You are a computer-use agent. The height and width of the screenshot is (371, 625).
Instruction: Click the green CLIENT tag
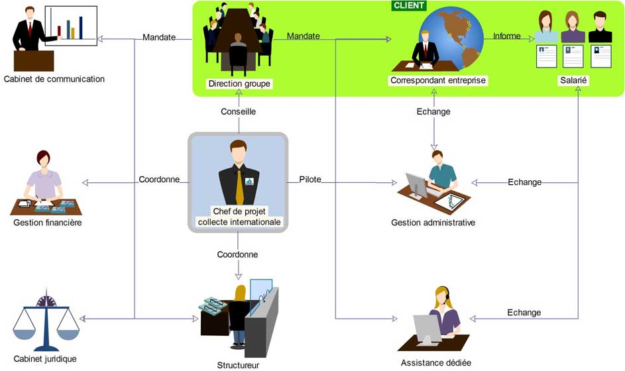(x=409, y=5)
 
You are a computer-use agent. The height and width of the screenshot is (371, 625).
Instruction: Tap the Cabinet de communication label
(x=54, y=79)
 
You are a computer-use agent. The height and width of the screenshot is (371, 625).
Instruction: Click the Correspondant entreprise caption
(x=438, y=80)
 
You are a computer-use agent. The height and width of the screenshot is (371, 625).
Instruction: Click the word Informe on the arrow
(x=507, y=36)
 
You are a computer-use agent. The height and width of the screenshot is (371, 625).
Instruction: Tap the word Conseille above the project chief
(x=238, y=112)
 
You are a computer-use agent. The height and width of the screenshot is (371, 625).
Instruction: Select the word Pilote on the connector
(x=310, y=180)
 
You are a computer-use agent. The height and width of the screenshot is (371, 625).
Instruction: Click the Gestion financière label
(x=48, y=223)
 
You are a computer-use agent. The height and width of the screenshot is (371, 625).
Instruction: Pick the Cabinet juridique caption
(x=45, y=359)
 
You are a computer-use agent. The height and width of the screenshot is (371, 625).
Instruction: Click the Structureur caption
(x=238, y=364)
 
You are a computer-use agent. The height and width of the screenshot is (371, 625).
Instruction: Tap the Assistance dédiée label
(x=436, y=362)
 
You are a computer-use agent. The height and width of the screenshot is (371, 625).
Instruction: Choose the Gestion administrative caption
(x=433, y=223)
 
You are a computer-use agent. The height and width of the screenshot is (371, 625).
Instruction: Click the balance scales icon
(x=46, y=321)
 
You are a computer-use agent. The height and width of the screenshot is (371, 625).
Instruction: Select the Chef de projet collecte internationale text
(x=239, y=217)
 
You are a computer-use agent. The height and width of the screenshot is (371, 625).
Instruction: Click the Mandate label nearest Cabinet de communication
(x=159, y=37)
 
